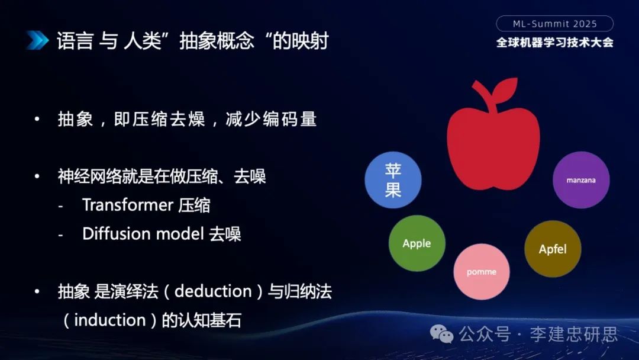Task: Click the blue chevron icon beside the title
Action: (x=37, y=40)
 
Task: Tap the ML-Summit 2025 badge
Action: (x=554, y=24)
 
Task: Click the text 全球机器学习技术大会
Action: (x=554, y=43)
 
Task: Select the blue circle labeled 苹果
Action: (x=393, y=180)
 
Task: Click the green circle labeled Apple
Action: (x=417, y=243)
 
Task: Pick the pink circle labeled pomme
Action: (x=482, y=272)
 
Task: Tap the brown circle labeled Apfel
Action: (x=553, y=249)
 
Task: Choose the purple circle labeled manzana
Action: (x=581, y=180)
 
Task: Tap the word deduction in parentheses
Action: (x=213, y=291)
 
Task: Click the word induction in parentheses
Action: (x=110, y=320)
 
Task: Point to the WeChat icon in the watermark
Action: (x=442, y=335)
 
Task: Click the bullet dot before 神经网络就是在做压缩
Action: (x=37, y=176)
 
